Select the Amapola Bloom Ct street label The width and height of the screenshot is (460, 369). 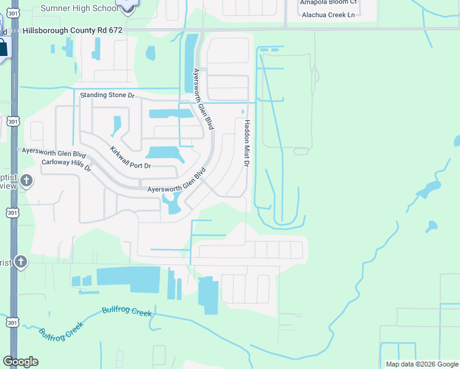(x=328, y=2)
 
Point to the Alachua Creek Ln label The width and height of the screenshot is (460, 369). (x=328, y=14)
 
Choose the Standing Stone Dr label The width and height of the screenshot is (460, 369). (x=107, y=95)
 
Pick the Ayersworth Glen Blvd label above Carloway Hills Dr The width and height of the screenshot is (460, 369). (x=54, y=151)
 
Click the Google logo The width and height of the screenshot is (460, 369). (x=21, y=362)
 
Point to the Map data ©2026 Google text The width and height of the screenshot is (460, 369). (x=421, y=364)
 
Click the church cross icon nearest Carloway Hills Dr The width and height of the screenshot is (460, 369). (x=26, y=181)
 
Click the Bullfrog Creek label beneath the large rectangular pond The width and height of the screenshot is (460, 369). (x=127, y=312)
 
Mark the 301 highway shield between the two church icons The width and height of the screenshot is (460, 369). (x=13, y=213)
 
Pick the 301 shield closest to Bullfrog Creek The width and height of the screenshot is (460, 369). (x=13, y=322)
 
